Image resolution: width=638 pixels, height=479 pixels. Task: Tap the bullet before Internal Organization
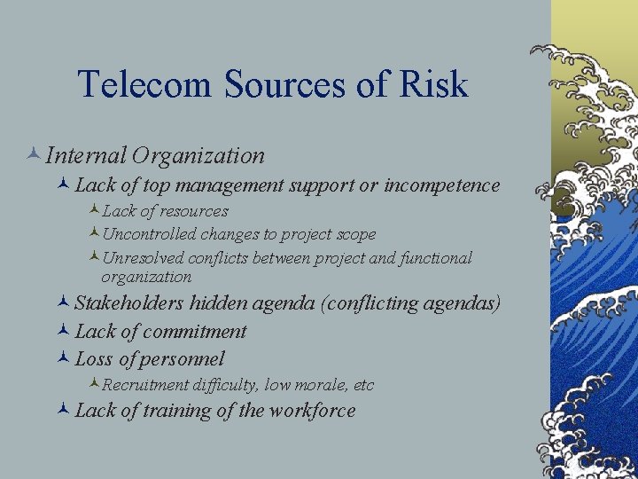tap(33, 155)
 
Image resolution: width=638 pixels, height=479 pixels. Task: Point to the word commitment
tap(193, 332)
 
